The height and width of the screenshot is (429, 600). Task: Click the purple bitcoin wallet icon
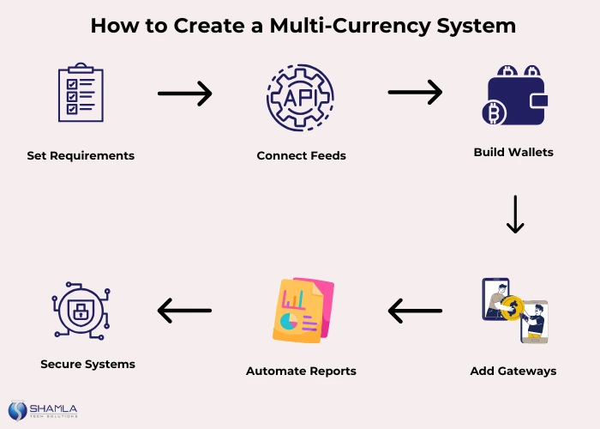[514, 96]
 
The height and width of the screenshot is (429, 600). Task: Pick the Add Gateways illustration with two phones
[514, 310]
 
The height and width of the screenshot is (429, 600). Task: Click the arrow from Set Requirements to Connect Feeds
[184, 94]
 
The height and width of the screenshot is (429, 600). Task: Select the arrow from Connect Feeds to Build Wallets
[415, 92]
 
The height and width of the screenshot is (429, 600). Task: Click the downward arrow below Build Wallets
[514, 214]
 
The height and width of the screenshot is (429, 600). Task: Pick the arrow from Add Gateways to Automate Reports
[415, 310]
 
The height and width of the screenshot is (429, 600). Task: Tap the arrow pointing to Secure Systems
[184, 310]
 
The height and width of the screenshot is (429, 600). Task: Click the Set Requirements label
[81, 156]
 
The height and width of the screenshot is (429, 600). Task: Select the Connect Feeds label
[301, 156]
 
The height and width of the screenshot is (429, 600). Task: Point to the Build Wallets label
[513, 152]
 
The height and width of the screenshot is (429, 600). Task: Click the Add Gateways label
[513, 372]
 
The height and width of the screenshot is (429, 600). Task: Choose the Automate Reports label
[301, 372]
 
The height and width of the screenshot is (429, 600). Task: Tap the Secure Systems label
[87, 365]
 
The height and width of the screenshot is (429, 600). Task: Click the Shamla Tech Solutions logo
[43, 410]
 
